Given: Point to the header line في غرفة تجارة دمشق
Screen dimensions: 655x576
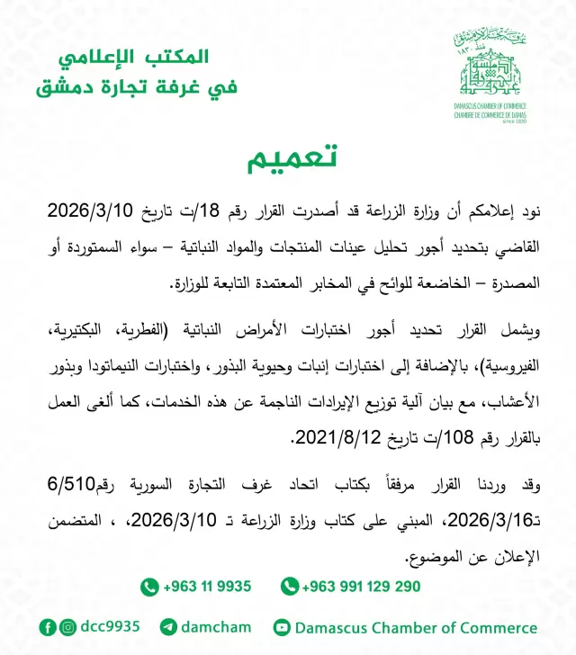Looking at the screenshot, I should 135,88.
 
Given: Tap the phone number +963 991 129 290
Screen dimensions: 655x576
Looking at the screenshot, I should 361,587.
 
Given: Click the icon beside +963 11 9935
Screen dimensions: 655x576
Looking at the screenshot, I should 149,587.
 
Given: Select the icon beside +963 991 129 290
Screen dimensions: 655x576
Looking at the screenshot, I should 289,587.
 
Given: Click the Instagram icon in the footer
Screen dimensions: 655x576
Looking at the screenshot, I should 68,627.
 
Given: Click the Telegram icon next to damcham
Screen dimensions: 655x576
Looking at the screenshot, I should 168,627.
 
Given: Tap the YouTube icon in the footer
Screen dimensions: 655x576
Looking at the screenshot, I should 282,627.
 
